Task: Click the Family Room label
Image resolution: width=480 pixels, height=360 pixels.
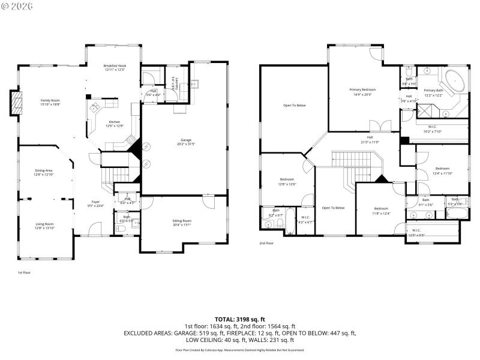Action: [50, 102]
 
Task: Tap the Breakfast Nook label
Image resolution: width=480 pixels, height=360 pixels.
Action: [114, 68]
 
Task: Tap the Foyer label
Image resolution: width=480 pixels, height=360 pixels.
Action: [95, 203]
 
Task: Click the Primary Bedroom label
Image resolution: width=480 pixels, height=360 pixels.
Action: [361, 92]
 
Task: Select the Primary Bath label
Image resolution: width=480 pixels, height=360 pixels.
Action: [433, 92]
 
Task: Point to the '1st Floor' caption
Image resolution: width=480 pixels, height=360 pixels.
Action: [24, 272]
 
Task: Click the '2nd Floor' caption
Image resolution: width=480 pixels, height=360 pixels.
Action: [266, 243]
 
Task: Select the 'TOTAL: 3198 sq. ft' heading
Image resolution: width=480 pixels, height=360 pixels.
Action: [240, 319]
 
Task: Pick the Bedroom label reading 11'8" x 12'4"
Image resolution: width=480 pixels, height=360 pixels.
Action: [382, 211]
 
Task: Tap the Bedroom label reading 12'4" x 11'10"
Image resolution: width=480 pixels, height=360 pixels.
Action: [443, 170]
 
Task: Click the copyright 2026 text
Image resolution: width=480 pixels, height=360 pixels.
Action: [17, 5]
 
